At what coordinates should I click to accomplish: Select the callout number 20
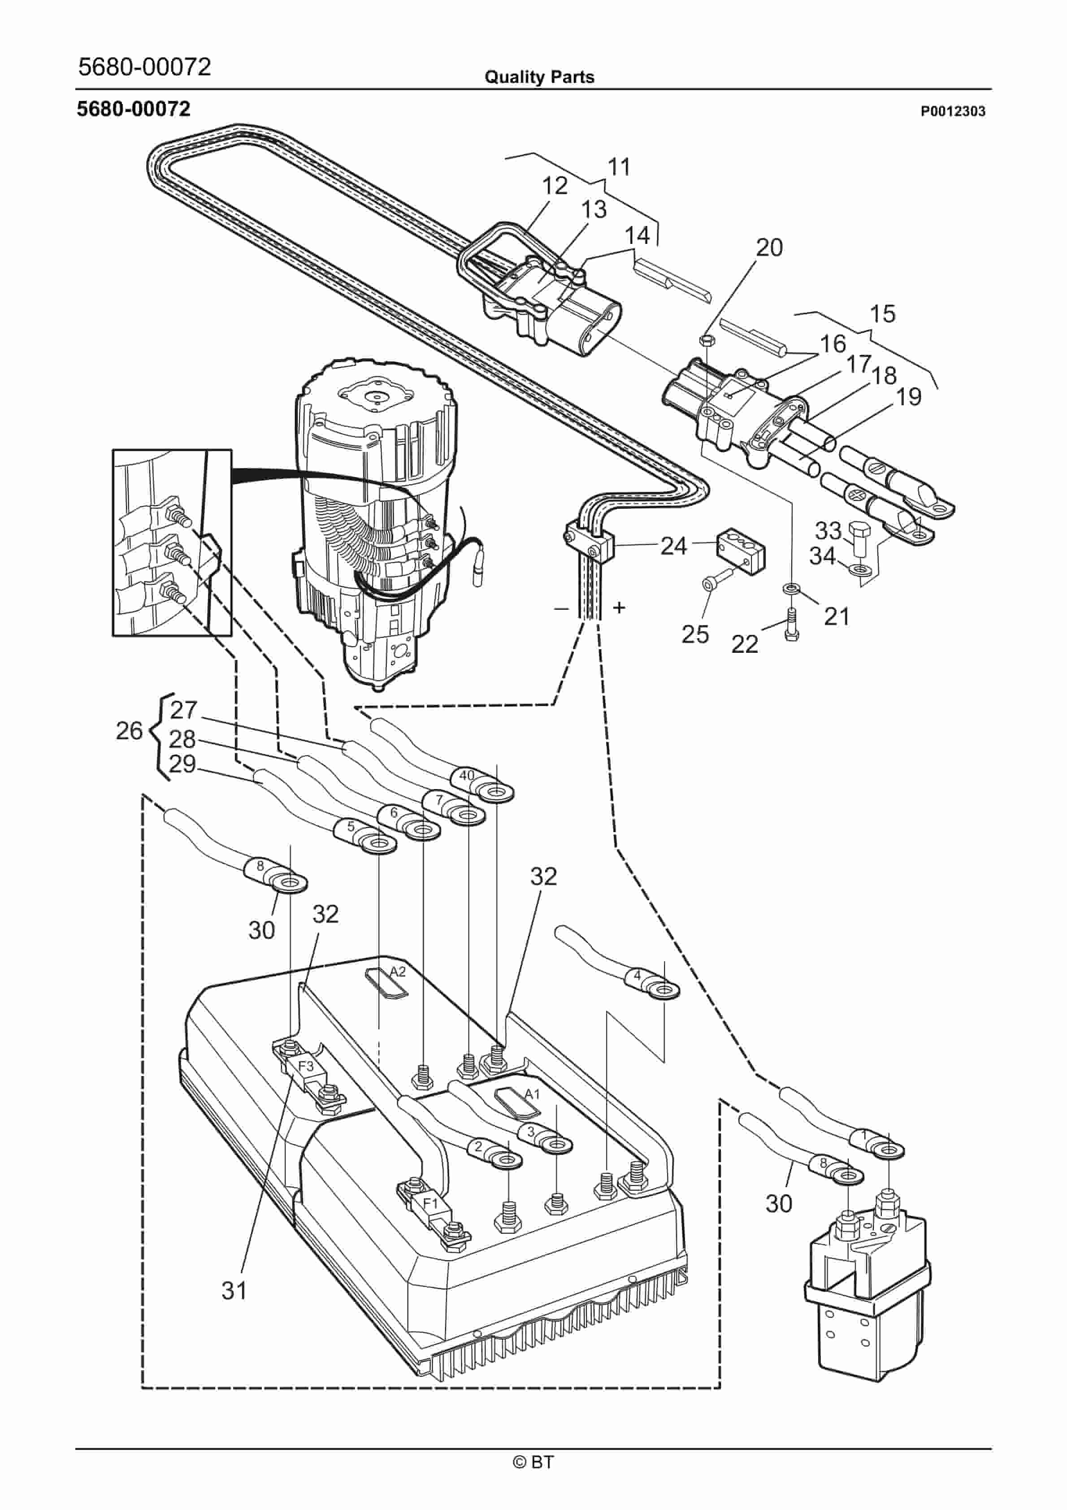(769, 248)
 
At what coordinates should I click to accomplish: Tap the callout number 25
(694, 635)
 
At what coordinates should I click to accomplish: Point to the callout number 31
(234, 1291)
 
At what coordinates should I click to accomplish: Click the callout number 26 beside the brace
(129, 731)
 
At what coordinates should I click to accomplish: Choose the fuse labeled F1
(430, 1203)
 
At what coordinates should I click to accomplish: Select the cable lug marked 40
(483, 784)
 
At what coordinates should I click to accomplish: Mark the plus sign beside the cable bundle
(618, 607)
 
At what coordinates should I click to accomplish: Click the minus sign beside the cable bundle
(561, 609)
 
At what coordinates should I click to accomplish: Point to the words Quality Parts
(539, 78)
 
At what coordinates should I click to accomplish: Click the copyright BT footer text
(533, 1462)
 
